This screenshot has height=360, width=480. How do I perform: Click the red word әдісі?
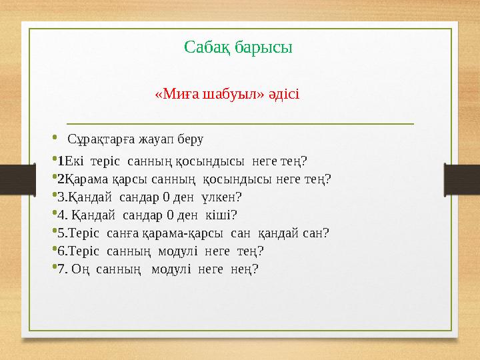[284, 93]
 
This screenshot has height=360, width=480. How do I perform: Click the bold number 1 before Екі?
[61, 161]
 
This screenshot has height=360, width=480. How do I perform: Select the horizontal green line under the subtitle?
[240, 123]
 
